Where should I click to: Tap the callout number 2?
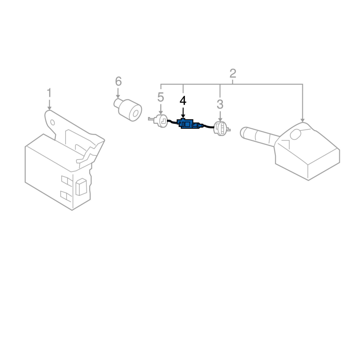233,73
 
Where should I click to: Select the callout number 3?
220,104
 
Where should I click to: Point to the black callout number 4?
183,100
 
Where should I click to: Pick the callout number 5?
161,97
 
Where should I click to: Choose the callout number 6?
118,81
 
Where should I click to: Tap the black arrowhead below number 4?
183,116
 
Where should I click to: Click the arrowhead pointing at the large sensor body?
302,118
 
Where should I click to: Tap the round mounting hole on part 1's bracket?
53,122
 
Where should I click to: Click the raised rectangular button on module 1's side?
81,187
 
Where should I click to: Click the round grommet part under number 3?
220,129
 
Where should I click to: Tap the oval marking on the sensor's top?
297,134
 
